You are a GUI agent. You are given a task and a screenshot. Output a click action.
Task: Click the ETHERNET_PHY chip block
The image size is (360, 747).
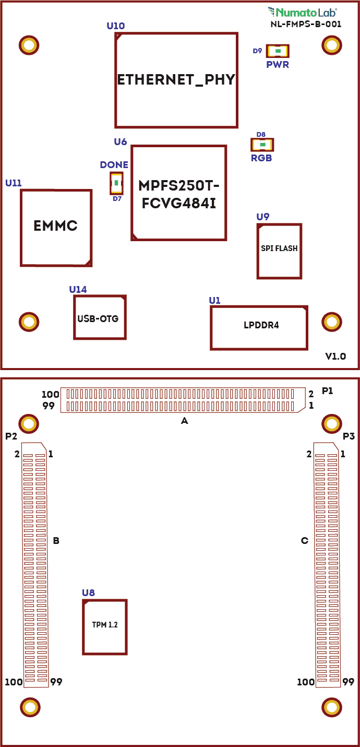tap(176, 80)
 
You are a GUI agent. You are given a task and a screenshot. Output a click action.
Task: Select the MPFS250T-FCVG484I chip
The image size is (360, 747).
tap(178, 193)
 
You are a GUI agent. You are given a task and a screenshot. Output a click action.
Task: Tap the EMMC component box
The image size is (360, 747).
tap(56, 227)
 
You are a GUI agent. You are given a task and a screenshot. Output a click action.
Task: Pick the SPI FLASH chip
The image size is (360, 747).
tap(279, 251)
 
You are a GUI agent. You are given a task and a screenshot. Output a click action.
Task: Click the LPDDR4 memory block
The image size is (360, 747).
tap(259, 327)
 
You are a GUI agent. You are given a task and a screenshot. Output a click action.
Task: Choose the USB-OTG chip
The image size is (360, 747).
tap(100, 317)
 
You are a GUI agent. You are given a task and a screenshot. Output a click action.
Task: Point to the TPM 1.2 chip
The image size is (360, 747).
tap(105, 626)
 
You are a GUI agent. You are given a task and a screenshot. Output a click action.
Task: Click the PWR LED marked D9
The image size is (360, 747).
tap(278, 51)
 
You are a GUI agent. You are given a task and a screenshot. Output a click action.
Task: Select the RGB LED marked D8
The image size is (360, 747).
tap(262, 145)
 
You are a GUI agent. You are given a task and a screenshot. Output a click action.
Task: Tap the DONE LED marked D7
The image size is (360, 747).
tap(116, 183)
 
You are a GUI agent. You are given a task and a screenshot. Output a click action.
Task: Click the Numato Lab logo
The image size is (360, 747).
tap(302, 11)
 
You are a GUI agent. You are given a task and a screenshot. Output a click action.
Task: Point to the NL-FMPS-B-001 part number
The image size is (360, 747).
tap(306, 24)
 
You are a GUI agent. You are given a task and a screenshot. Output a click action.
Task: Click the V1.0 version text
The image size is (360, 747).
tap(335, 357)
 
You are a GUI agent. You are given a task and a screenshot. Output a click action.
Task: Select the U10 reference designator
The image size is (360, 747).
tap(115, 26)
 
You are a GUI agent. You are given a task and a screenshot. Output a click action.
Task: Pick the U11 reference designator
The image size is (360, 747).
tap(14, 183)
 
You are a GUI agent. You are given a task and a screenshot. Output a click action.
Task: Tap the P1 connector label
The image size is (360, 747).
tap(328, 390)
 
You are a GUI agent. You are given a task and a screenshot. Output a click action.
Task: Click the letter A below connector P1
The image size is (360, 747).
tap(184, 420)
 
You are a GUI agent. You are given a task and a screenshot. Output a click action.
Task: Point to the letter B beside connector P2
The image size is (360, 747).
tap(56, 541)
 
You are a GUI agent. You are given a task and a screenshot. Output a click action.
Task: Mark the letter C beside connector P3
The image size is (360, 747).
tap(305, 541)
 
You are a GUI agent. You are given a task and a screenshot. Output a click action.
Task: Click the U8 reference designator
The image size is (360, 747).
tap(88, 592)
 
